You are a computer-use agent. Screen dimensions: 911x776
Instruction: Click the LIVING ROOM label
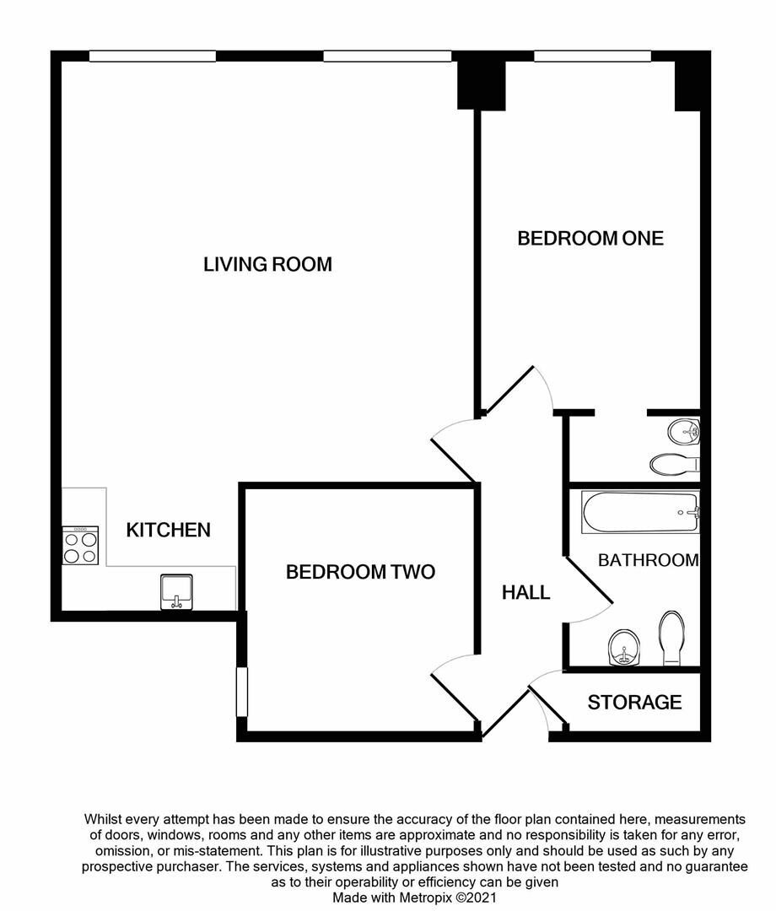click(x=267, y=264)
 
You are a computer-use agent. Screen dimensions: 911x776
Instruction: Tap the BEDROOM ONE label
click(x=590, y=238)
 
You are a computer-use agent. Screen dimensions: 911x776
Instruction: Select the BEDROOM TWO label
click(x=360, y=572)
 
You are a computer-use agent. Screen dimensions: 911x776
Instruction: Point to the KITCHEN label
click(x=168, y=530)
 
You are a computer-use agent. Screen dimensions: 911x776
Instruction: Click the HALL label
click(x=525, y=592)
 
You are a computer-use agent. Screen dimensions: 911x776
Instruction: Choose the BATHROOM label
click(x=648, y=559)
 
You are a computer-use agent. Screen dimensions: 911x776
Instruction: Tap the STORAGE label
click(x=634, y=702)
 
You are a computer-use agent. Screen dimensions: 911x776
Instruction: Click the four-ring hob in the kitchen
click(x=80, y=546)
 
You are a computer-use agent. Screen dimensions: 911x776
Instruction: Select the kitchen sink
click(x=176, y=590)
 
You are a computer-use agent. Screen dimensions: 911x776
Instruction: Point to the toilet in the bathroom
click(x=672, y=639)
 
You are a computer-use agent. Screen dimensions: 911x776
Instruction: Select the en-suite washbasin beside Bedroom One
click(x=684, y=433)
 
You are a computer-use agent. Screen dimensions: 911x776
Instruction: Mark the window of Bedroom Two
click(x=241, y=693)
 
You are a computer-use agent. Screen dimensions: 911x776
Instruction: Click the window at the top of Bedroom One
click(x=592, y=57)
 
